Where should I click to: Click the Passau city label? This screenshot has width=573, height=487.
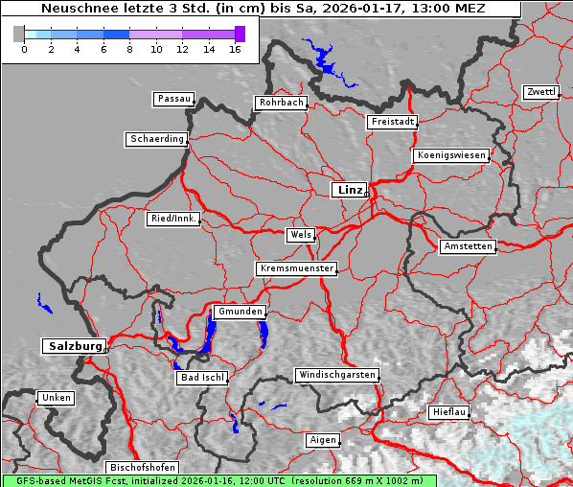point(173,99)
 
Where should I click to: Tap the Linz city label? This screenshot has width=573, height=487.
point(349,190)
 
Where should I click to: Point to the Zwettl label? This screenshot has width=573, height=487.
point(540,92)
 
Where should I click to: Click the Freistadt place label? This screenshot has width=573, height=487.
point(392,122)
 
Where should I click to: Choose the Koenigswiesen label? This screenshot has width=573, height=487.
point(450,155)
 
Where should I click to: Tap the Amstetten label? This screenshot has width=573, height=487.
point(467,246)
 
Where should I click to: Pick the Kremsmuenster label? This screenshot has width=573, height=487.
point(296,268)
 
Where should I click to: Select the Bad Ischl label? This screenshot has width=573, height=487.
point(202,378)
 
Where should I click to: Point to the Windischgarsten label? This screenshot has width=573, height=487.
point(335,375)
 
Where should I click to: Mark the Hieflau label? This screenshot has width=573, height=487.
point(448,412)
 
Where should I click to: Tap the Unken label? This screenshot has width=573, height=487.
point(55,398)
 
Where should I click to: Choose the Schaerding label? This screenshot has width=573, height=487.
point(156,139)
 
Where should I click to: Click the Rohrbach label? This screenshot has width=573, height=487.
point(280,103)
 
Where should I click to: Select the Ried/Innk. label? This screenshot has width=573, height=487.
point(173,219)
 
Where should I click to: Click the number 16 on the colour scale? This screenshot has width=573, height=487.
point(235,49)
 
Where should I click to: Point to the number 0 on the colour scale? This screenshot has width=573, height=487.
point(23,49)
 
